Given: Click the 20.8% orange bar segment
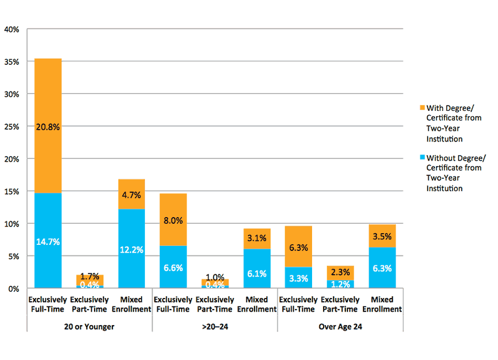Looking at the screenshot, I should (x=48, y=126).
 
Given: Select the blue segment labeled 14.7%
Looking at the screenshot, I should (x=48, y=241).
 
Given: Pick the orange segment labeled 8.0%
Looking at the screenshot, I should (x=173, y=220).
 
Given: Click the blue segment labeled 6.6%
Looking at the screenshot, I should (x=173, y=267).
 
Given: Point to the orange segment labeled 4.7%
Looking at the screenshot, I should (x=132, y=194).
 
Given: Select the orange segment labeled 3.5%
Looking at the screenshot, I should (x=382, y=236).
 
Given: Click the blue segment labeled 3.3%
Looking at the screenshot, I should (x=299, y=277).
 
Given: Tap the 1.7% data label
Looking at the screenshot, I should (x=90, y=276).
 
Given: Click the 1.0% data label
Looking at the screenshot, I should (x=215, y=277).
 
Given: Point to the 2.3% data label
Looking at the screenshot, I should (x=340, y=272).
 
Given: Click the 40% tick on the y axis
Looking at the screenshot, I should (x=12, y=29).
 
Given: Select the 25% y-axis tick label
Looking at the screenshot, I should (x=12, y=126).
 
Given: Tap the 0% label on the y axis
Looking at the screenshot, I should (x=13, y=289).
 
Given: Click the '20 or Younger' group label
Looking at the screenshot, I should (x=90, y=327).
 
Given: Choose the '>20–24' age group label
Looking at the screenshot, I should (x=215, y=327).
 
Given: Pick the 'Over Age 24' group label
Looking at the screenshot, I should (x=340, y=327).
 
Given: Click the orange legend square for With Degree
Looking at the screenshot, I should (x=422, y=107).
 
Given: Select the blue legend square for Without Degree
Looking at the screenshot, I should (x=422, y=157).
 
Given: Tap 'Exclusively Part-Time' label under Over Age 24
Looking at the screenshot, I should (x=340, y=305).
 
